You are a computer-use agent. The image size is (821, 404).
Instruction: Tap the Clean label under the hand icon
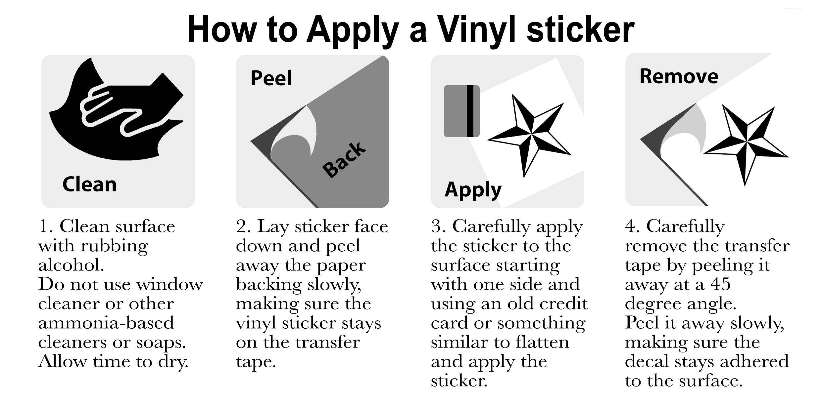[89, 184]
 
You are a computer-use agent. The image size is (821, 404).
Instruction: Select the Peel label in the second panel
[271, 78]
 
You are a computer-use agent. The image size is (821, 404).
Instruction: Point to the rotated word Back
[344, 160]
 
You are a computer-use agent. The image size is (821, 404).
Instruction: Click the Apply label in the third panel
[473, 190]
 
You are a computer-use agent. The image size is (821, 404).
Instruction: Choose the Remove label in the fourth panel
[679, 76]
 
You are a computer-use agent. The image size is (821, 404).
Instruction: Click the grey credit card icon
[461, 111]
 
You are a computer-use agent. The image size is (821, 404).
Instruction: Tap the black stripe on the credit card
[470, 111]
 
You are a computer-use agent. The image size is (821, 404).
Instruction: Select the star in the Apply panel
[529, 135]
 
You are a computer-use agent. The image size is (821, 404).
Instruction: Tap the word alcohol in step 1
[71, 265]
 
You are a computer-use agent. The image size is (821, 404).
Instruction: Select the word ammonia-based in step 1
[106, 323]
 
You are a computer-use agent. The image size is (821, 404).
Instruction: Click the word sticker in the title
[580, 30]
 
